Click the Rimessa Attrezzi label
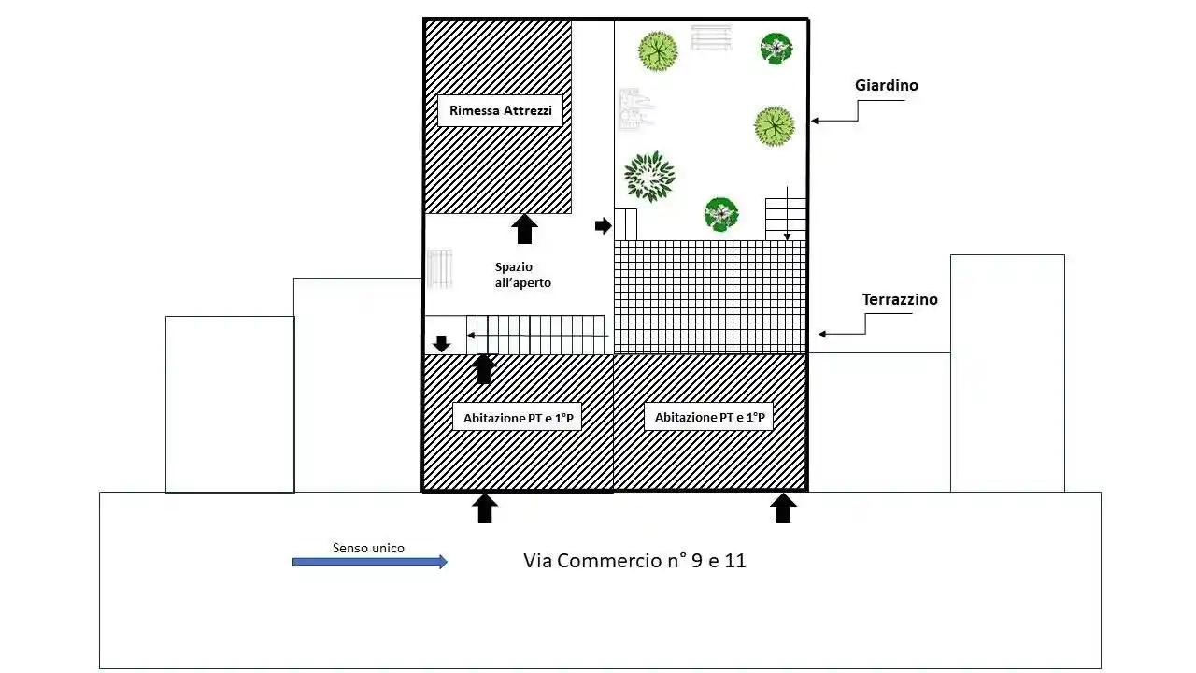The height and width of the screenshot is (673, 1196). click(500, 110)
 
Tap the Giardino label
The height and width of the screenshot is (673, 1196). click(886, 85)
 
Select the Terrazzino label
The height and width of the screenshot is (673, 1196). click(899, 300)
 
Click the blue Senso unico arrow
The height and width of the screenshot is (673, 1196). click(370, 562)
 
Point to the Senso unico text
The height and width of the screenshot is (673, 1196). click(368, 548)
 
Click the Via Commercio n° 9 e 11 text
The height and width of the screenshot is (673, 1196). click(634, 561)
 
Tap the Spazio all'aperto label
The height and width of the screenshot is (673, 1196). click(523, 274)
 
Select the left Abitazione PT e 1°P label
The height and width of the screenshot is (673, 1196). click(517, 418)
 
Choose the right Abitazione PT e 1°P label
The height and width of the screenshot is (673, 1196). click(708, 417)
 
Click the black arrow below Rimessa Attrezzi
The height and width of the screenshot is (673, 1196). click(525, 229)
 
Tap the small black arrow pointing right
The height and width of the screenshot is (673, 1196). click(603, 225)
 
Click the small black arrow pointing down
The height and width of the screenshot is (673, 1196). click(442, 343)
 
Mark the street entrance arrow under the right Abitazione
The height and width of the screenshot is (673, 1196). click(784, 508)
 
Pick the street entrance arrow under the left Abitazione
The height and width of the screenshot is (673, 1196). click(484, 508)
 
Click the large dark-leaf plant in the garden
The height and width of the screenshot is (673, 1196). click(648, 176)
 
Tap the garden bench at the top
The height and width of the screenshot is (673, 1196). click(711, 37)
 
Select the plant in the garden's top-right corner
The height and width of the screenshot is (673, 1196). click(776, 48)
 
